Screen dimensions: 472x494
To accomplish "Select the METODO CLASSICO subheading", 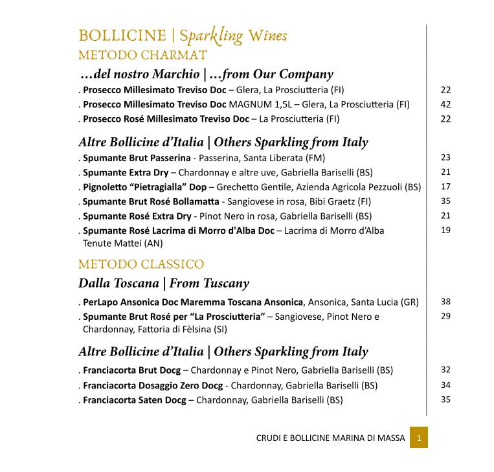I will click(x=140, y=264).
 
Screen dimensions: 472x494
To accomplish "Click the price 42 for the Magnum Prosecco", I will click(x=445, y=104).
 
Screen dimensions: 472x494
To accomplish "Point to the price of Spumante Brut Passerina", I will click(x=445, y=157).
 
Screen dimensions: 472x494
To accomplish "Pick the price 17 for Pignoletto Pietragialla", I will click(x=445, y=186).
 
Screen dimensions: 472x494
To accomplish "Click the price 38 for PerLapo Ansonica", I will click(x=445, y=302).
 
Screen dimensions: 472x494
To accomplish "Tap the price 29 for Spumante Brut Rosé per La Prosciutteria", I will click(x=445, y=316).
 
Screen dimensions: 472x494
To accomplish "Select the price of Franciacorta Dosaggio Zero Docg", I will click(x=445, y=385).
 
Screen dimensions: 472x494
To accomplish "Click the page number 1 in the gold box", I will click(x=419, y=438).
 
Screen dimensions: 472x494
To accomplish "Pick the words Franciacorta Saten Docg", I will click(x=134, y=400).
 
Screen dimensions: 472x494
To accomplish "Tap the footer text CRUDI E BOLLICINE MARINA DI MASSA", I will click(x=330, y=438).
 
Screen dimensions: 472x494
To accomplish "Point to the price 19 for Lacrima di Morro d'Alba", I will click(x=445, y=230).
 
